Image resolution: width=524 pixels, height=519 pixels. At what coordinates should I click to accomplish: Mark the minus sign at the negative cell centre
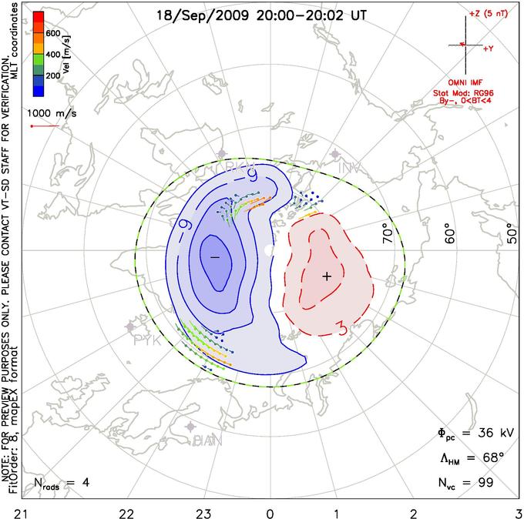[215, 255]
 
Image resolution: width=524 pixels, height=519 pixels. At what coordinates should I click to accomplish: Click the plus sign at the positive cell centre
[327, 276]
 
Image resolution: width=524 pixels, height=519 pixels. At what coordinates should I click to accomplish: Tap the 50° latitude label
[511, 233]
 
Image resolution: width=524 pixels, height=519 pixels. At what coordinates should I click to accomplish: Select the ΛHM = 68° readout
[469, 458]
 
